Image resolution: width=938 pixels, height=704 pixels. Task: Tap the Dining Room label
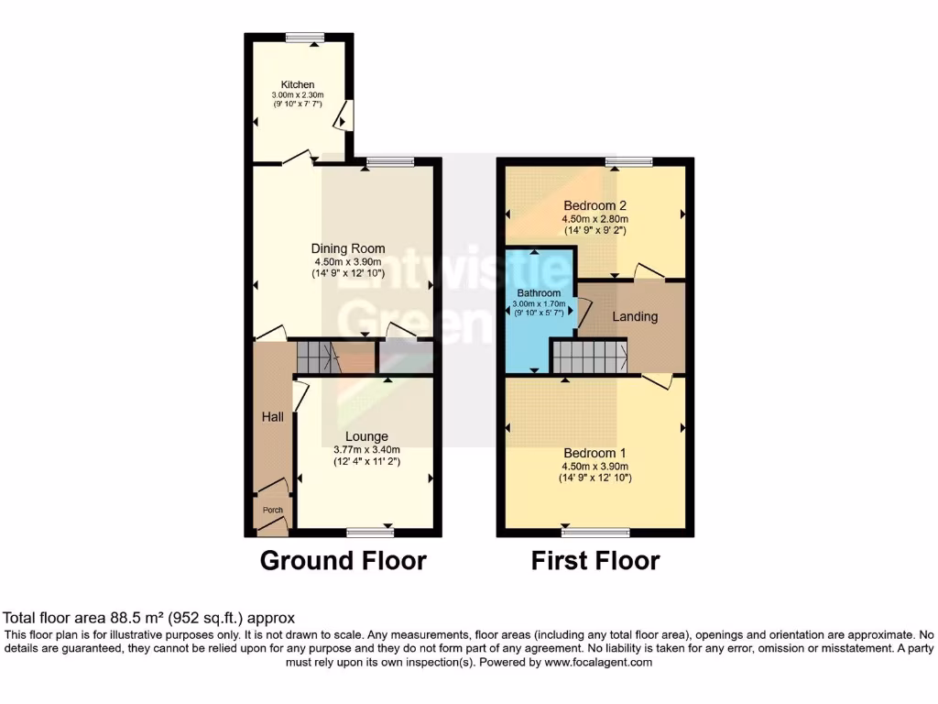(x=348, y=248)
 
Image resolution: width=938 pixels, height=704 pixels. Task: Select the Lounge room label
(x=366, y=436)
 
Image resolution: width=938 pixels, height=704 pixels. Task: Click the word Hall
(x=271, y=417)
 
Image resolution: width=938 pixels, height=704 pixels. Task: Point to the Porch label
(x=273, y=510)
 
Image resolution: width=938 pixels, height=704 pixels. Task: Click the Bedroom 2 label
(x=594, y=205)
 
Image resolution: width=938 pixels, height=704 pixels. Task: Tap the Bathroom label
(x=538, y=293)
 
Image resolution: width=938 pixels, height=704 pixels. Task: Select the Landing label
(x=635, y=316)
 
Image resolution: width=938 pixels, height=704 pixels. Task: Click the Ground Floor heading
(x=344, y=560)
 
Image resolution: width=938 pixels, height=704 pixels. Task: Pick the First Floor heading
(x=595, y=560)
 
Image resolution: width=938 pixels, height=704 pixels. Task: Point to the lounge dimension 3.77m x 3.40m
(x=366, y=449)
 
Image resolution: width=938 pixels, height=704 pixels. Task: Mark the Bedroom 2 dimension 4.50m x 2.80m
(x=594, y=219)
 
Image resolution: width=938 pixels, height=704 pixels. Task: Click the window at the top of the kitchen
(x=299, y=38)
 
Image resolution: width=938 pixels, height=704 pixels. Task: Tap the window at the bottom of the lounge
(x=371, y=531)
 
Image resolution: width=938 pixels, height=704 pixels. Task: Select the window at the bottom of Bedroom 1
(x=594, y=531)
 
